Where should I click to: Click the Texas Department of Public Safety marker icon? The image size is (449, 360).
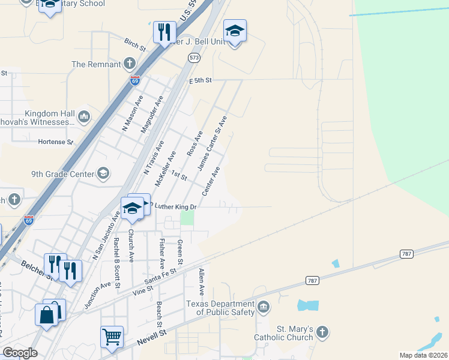coord(263,308)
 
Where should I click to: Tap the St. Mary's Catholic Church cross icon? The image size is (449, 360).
coord(322,332)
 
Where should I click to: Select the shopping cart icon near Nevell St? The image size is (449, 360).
coord(112,337)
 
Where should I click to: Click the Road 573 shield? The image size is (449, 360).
coord(193,58)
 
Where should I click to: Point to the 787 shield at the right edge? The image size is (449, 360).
coord(407,254)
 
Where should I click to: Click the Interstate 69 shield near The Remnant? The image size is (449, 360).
coord(134,80)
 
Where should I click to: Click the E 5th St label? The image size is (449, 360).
coord(202,80)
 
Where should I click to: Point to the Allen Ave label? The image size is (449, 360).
coord(202,282)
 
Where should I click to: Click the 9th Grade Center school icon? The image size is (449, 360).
coord(103,174)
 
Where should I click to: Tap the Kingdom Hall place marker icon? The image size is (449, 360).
coord(83,116)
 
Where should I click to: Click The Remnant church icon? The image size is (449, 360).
coord(129,64)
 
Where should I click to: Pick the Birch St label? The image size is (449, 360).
coord(135,45)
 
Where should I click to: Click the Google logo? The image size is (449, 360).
coord(20,353)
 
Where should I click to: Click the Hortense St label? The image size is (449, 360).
coord(55,142)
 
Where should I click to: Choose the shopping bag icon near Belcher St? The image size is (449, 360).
coord(47,314)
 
